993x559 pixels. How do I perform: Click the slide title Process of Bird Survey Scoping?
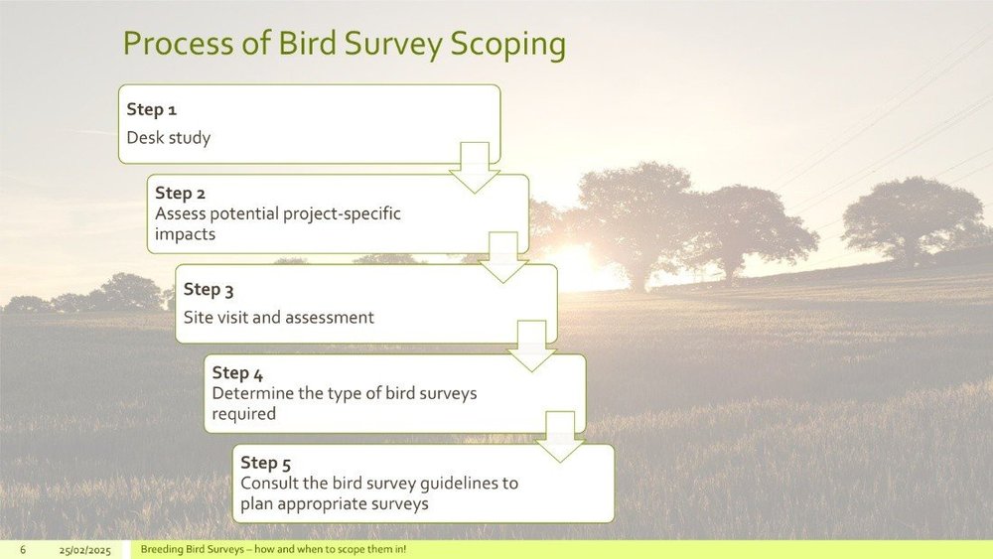tap(344, 45)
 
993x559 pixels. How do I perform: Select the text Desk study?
tap(168, 138)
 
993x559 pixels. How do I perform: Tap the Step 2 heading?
tap(180, 193)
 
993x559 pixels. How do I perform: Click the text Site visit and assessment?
tap(279, 318)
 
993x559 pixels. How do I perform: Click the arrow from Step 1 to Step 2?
tap(475, 167)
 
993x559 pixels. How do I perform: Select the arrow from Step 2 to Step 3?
tap(503, 257)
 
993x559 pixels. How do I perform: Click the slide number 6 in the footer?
tap(22, 550)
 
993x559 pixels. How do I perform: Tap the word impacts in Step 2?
tap(185, 235)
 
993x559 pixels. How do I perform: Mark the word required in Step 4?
tap(243, 414)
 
